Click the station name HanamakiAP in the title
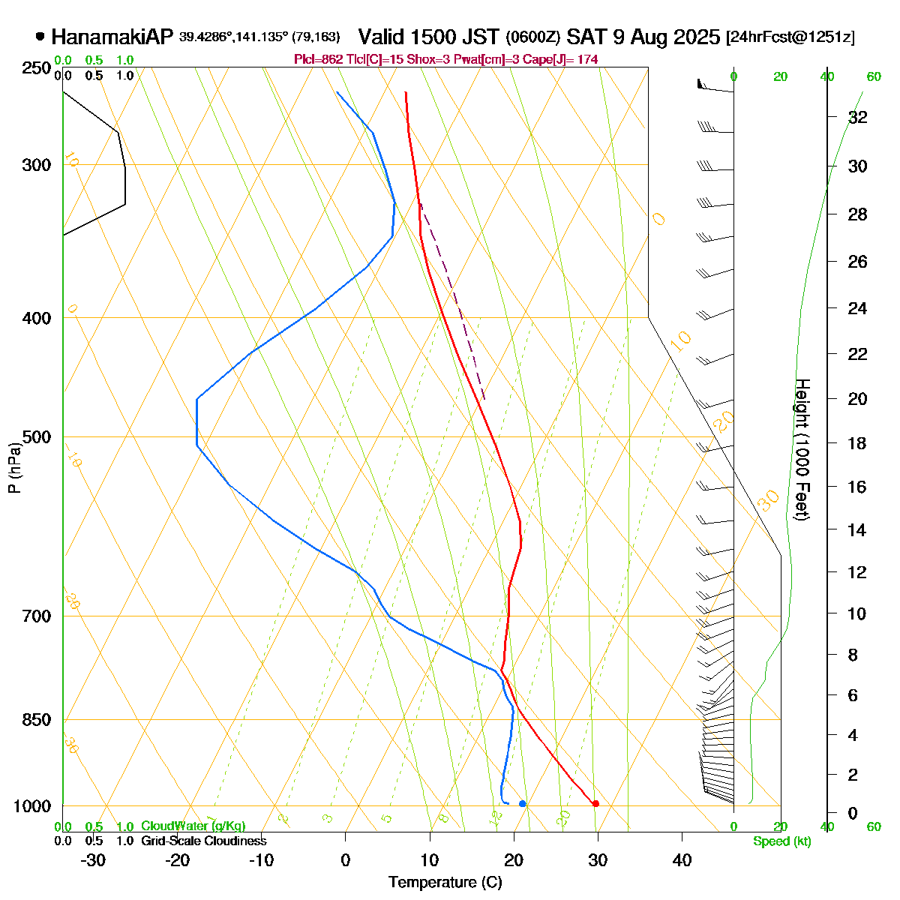(112, 37)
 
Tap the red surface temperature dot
(595, 803)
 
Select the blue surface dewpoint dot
(523, 804)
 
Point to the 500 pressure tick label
(37, 437)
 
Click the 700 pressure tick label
(37, 616)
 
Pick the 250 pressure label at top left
(37, 68)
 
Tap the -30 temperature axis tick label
(93, 860)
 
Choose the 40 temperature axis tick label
(682, 860)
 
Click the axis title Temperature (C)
(445, 883)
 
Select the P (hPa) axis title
(14, 469)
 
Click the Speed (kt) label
(782, 841)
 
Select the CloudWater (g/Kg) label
(193, 826)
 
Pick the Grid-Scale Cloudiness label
(203, 841)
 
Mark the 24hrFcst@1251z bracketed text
(790, 37)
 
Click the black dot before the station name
(40, 36)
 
